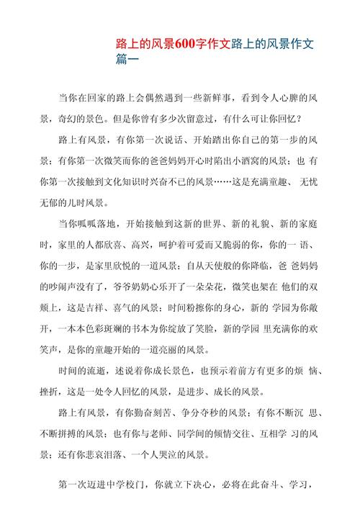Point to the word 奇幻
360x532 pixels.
pyautogui.click(x=70, y=118)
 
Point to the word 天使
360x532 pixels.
pyautogui.click(x=210, y=265)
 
